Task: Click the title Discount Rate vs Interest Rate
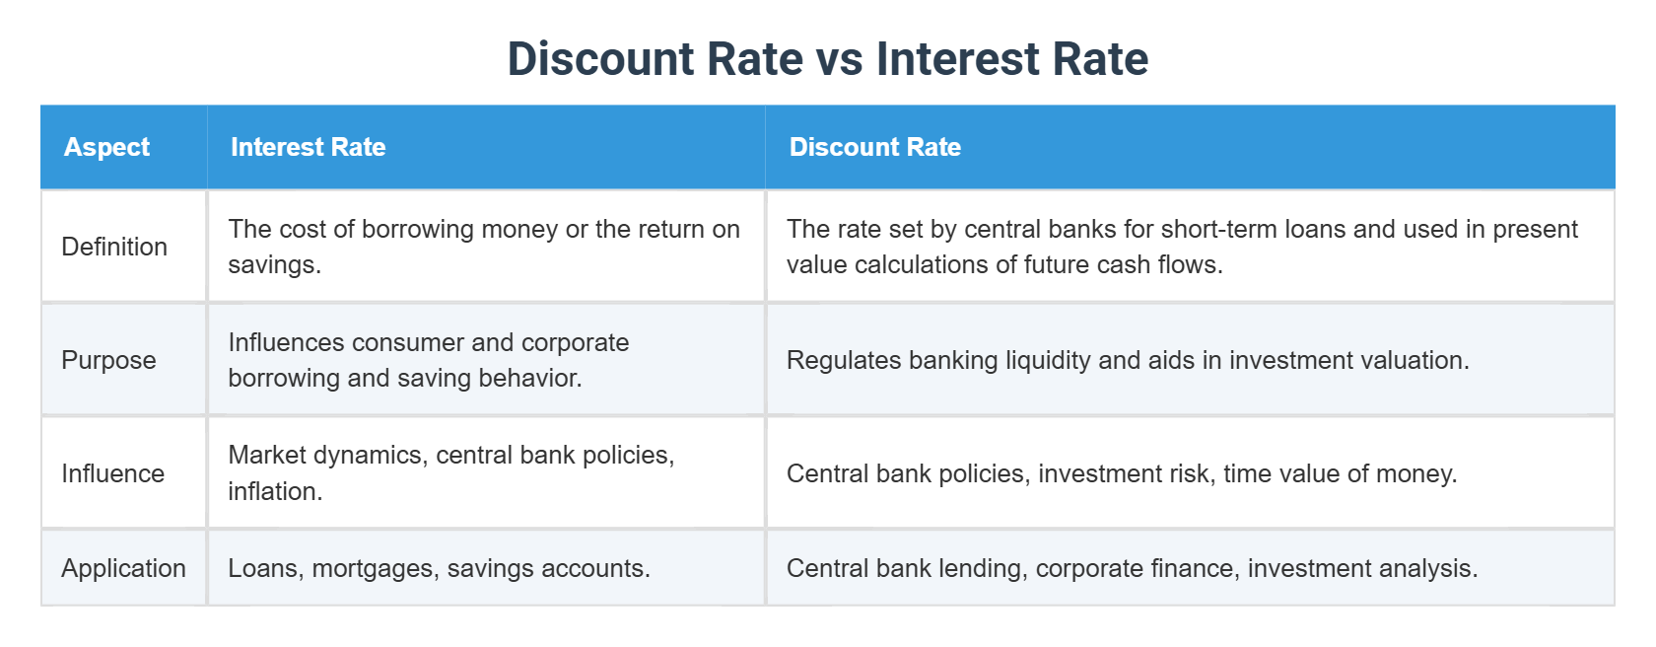[x=827, y=58]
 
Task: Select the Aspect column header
[x=106, y=147]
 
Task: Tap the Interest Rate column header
[x=308, y=147]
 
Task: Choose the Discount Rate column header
[x=874, y=147]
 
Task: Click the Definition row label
[x=114, y=247]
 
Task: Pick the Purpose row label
[x=108, y=360]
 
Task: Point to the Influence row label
[x=112, y=473]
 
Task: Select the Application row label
[x=123, y=568]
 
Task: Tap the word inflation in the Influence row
[x=274, y=491]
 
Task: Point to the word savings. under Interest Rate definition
[x=274, y=264]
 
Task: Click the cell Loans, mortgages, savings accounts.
[x=439, y=568]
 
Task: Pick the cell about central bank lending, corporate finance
[x=1132, y=568]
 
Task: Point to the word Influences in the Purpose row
[x=287, y=342]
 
